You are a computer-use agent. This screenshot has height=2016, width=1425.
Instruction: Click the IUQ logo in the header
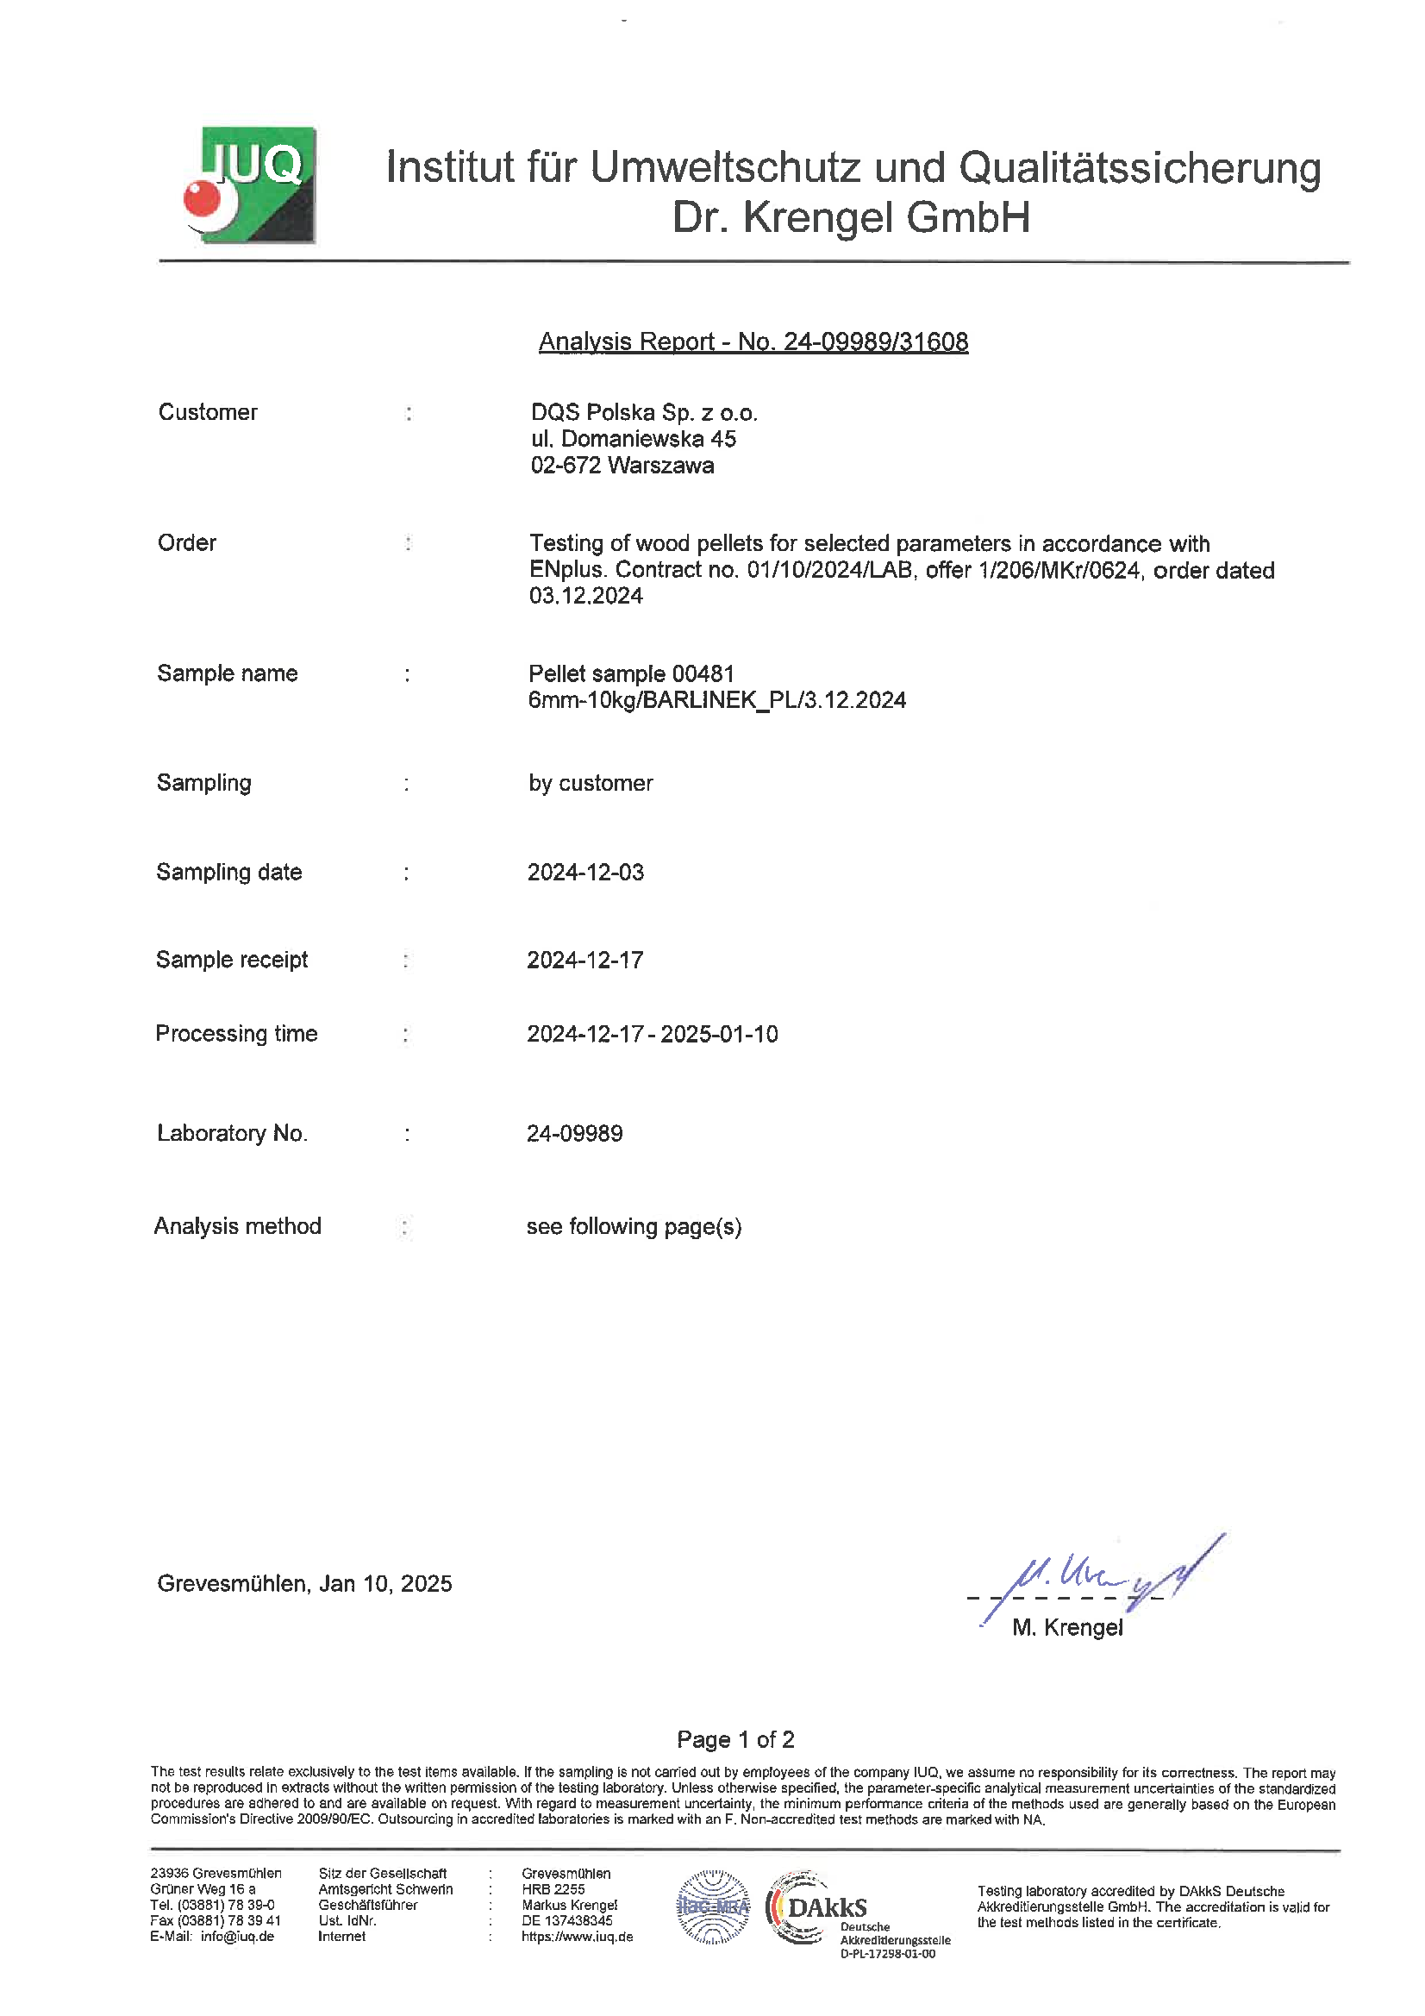pyautogui.click(x=250, y=185)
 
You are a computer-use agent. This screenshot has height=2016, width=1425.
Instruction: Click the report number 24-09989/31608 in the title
pyautogui.click(x=875, y=341)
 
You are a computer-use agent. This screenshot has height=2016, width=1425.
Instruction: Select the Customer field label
pyautogui.click(x=207, y=412)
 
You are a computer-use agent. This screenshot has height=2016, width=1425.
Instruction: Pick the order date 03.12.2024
pyautogui.click(x=585, y=596)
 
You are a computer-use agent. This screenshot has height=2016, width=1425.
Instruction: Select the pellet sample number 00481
pyautogui.click(x=703, y=673)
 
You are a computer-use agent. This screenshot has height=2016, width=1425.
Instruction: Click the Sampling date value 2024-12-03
pyautogui.click(x=585, y=872)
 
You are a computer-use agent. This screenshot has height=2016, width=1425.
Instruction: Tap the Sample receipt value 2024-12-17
pyautogui.click(x=584, y=960)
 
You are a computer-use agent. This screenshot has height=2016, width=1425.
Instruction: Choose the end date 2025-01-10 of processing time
pyautogui.click(x=719, y=1034)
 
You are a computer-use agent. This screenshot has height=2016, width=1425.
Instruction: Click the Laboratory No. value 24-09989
pyautogui.click(x=574, y=1133)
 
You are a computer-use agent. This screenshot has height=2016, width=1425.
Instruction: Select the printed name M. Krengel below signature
pyautogui.click(x=1066, y=1627)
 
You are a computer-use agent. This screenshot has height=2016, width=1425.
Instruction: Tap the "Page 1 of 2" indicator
pyautogui.click(x=734, y=1739)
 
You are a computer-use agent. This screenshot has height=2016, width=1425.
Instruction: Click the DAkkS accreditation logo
pyautogui.click(x=816, y=1907)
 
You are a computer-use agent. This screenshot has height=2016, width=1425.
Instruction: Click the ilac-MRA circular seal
pyautogui.click(x=713, y=1907)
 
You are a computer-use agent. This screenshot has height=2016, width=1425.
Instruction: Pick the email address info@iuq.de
pyautogui.click(x=237, y=1936)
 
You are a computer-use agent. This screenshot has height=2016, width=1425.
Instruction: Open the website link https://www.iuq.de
pyautogui.click(x=577, y=1936)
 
